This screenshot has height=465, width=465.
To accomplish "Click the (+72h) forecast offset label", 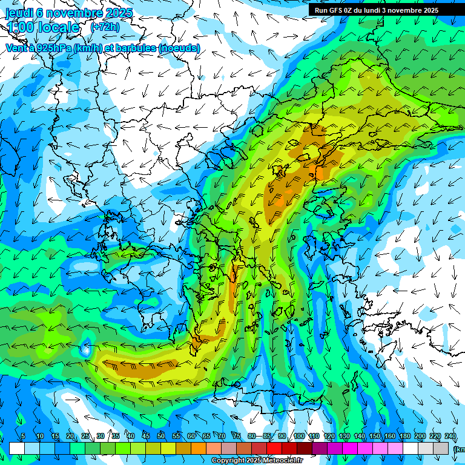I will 105,28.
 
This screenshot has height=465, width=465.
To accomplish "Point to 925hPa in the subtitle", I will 53,48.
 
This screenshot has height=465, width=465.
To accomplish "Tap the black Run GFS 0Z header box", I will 381,10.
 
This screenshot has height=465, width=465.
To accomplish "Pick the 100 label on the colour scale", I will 298,437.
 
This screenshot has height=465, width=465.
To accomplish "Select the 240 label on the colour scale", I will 450,437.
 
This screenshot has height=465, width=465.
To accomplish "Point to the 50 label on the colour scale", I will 161,437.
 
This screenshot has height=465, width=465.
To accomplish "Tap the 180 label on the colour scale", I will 404,437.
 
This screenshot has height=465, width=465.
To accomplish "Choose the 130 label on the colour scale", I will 344,437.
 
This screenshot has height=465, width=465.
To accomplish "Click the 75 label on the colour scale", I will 237,437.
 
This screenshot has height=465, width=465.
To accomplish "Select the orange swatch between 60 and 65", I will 199,448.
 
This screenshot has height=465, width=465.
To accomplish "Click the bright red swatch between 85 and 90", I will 274,448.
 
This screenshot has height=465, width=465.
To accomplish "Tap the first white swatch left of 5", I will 16,448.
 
